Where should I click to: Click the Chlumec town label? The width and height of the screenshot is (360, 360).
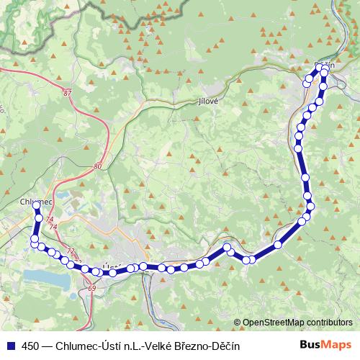click(34, 202)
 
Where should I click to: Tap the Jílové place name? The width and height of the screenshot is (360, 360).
click(208, 102)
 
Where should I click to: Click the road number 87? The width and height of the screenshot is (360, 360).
click(68, 93)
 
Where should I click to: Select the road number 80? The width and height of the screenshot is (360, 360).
click(98, 166)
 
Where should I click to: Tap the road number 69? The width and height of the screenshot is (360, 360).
click(91, 289)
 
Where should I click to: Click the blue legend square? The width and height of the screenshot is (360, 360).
click(10, 346)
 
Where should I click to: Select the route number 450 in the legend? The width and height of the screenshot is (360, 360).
click(32, 346)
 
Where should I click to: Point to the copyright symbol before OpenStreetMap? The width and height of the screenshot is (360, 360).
click(238, 323)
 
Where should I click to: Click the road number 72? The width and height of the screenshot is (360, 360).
click(70, 251)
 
